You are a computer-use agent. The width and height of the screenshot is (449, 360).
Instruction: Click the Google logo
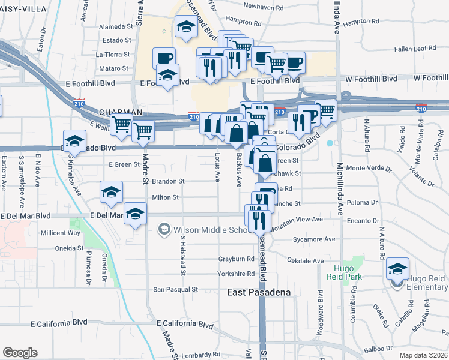point(20,353)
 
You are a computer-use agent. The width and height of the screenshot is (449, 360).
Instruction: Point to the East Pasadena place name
point(259,292)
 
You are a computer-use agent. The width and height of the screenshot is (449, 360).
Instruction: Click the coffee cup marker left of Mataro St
point(164,59)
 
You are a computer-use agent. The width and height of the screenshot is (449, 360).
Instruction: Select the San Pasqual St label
point(175,289)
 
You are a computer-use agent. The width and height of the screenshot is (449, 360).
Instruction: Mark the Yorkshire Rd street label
point(237,274)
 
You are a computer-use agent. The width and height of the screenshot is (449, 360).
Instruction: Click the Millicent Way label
point(60,233)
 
